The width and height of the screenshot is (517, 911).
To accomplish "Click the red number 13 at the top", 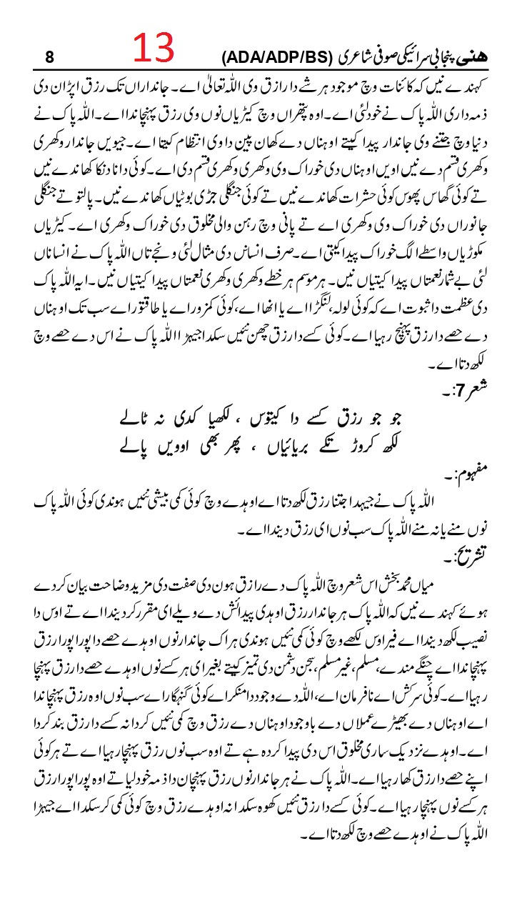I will (x=153, y=49).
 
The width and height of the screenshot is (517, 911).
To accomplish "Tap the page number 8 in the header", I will (x=49, y=56).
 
